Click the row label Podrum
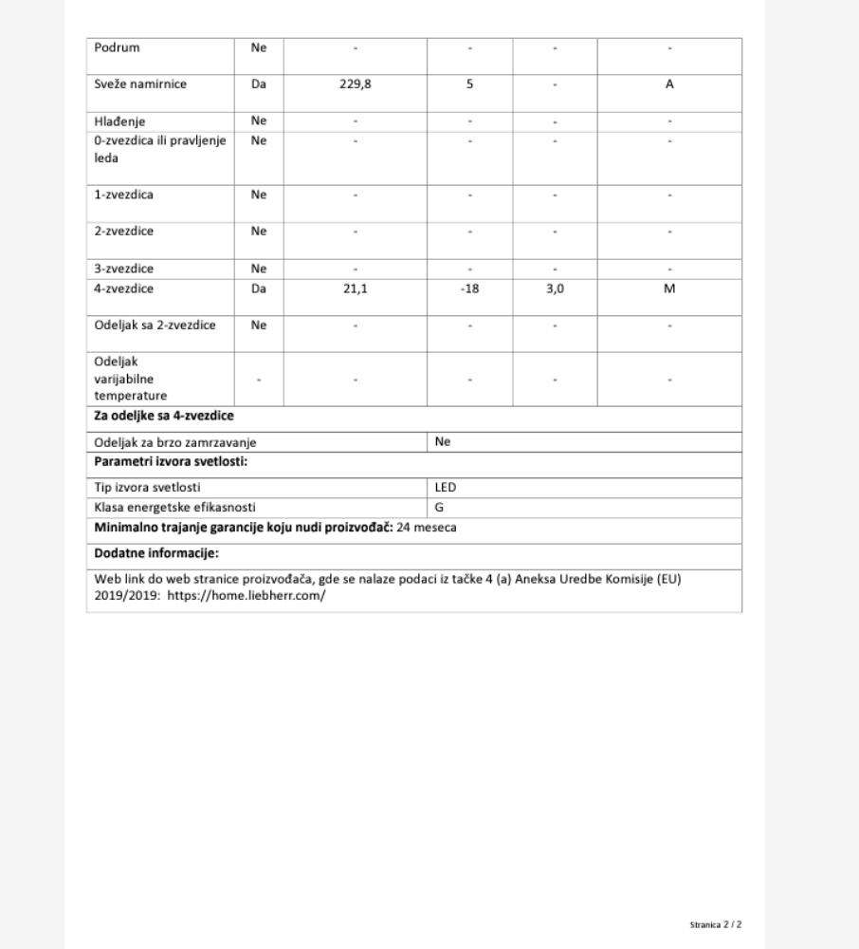(117, 47)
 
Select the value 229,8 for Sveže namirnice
(356, 84)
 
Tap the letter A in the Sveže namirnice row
(669, 84)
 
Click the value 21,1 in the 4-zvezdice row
(356, 288)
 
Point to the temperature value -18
(469, 288)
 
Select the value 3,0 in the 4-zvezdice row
(555, 288)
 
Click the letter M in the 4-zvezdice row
(669, 288)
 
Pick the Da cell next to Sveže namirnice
(259, 84)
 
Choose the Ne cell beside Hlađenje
(259, 121)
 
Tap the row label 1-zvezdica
(123, 195)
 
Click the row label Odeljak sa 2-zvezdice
(155, 326)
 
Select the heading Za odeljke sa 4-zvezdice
(163, 416)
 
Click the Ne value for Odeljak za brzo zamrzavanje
(443, 441)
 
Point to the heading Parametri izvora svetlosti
(171, 462)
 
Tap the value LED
(446, 487)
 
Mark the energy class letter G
(439, 508)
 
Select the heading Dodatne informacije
(156, 553)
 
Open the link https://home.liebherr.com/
(247, 596)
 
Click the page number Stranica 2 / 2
(716, 924)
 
